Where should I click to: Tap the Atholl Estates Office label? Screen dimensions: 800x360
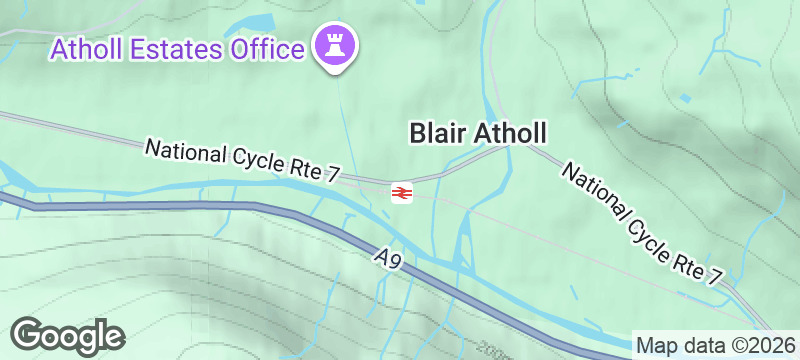click(177, 48)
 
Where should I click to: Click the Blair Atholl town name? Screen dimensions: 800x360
click(481, 132)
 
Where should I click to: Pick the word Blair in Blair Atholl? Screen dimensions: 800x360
click(436, 132)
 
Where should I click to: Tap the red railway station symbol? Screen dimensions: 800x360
click(402, 192)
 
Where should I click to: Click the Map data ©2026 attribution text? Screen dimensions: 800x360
click(715, 346)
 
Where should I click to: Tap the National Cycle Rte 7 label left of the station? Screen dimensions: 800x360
click(244, 161)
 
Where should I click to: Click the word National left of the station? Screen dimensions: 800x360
click(185, 153)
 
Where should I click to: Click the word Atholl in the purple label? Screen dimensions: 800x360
click(85, 48)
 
